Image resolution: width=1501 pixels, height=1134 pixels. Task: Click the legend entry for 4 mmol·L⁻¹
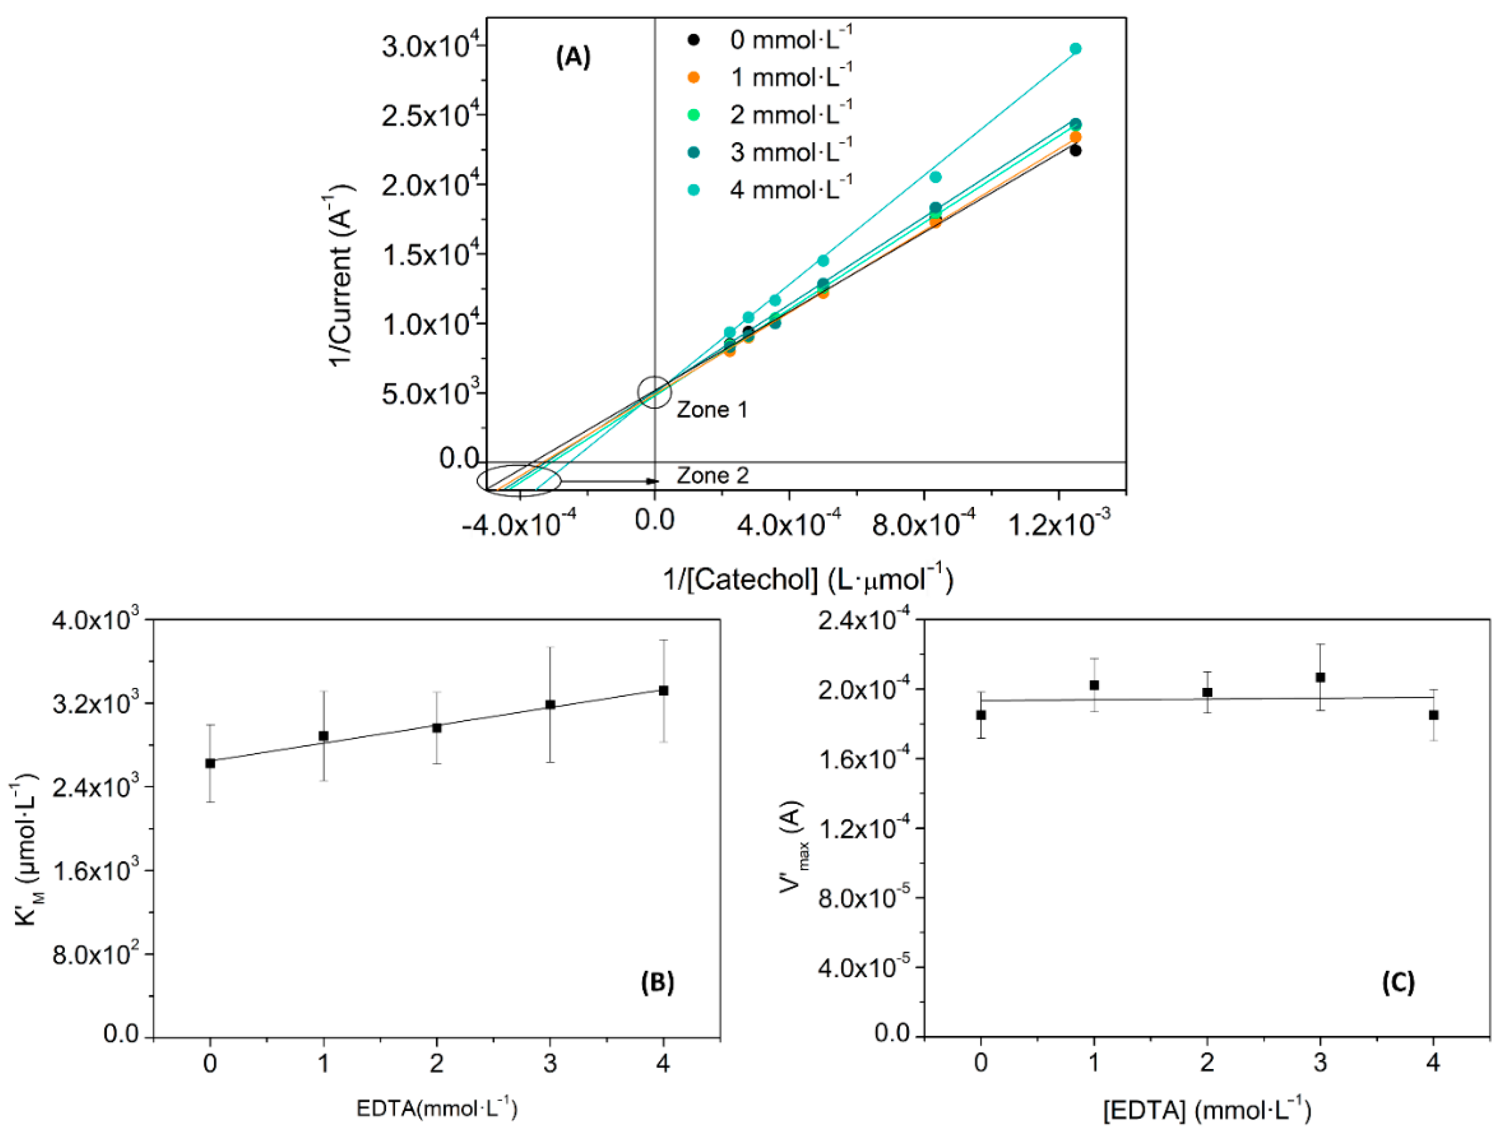coord(791,189)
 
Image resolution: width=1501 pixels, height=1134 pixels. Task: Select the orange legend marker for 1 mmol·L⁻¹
coord(693,77)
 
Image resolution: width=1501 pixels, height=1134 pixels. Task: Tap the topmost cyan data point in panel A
coord(1075,49)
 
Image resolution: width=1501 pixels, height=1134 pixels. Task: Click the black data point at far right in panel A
coord(1075,151)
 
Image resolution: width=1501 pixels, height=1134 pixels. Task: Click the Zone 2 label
coord(713,476)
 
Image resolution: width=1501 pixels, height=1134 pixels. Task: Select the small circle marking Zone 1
coord(654,391)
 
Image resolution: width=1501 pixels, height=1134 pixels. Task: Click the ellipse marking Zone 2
coord(519,480)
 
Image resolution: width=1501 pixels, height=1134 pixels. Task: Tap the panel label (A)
coord(573,58)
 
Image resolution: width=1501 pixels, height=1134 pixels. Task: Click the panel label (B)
coord(657,982)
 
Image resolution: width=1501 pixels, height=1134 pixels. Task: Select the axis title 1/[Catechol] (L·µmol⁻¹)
coord(808,579)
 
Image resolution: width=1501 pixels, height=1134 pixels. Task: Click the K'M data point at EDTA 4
coord(664,691)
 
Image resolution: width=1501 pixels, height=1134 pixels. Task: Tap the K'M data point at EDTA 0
coord(210,763)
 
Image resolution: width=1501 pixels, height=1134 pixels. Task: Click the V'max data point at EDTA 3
coord(1321,677)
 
